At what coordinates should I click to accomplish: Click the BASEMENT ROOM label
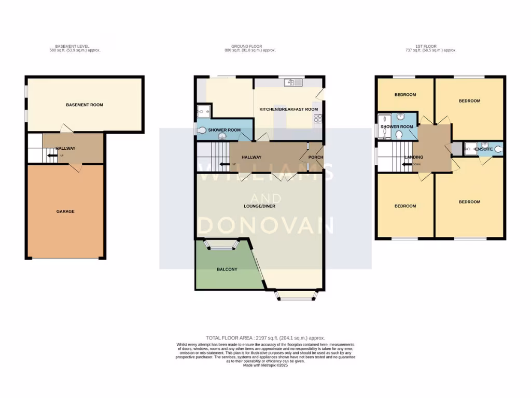point(85,105)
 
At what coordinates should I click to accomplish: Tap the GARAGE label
point(66,211)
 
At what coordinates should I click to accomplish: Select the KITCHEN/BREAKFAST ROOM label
point(289,109)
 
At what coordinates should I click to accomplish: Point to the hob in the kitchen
point(317,119)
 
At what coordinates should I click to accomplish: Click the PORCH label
point(315,158)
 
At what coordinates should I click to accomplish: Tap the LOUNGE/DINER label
point(260,206)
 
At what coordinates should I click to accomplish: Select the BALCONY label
point(227,269)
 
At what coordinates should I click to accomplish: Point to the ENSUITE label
point(483,149)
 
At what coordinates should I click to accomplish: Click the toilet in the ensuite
point(498,149)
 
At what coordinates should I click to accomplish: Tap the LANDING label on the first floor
point(414,158)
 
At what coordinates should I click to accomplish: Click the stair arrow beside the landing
point(406,164)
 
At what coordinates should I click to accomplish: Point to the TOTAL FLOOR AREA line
point(265,338)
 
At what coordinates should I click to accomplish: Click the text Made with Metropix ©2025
point(265,365)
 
